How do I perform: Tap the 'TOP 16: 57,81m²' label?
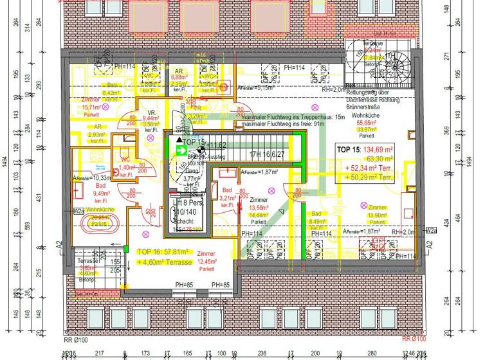(163, 252)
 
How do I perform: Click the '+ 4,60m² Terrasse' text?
(164, 262)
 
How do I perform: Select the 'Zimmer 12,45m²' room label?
(206, 261)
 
